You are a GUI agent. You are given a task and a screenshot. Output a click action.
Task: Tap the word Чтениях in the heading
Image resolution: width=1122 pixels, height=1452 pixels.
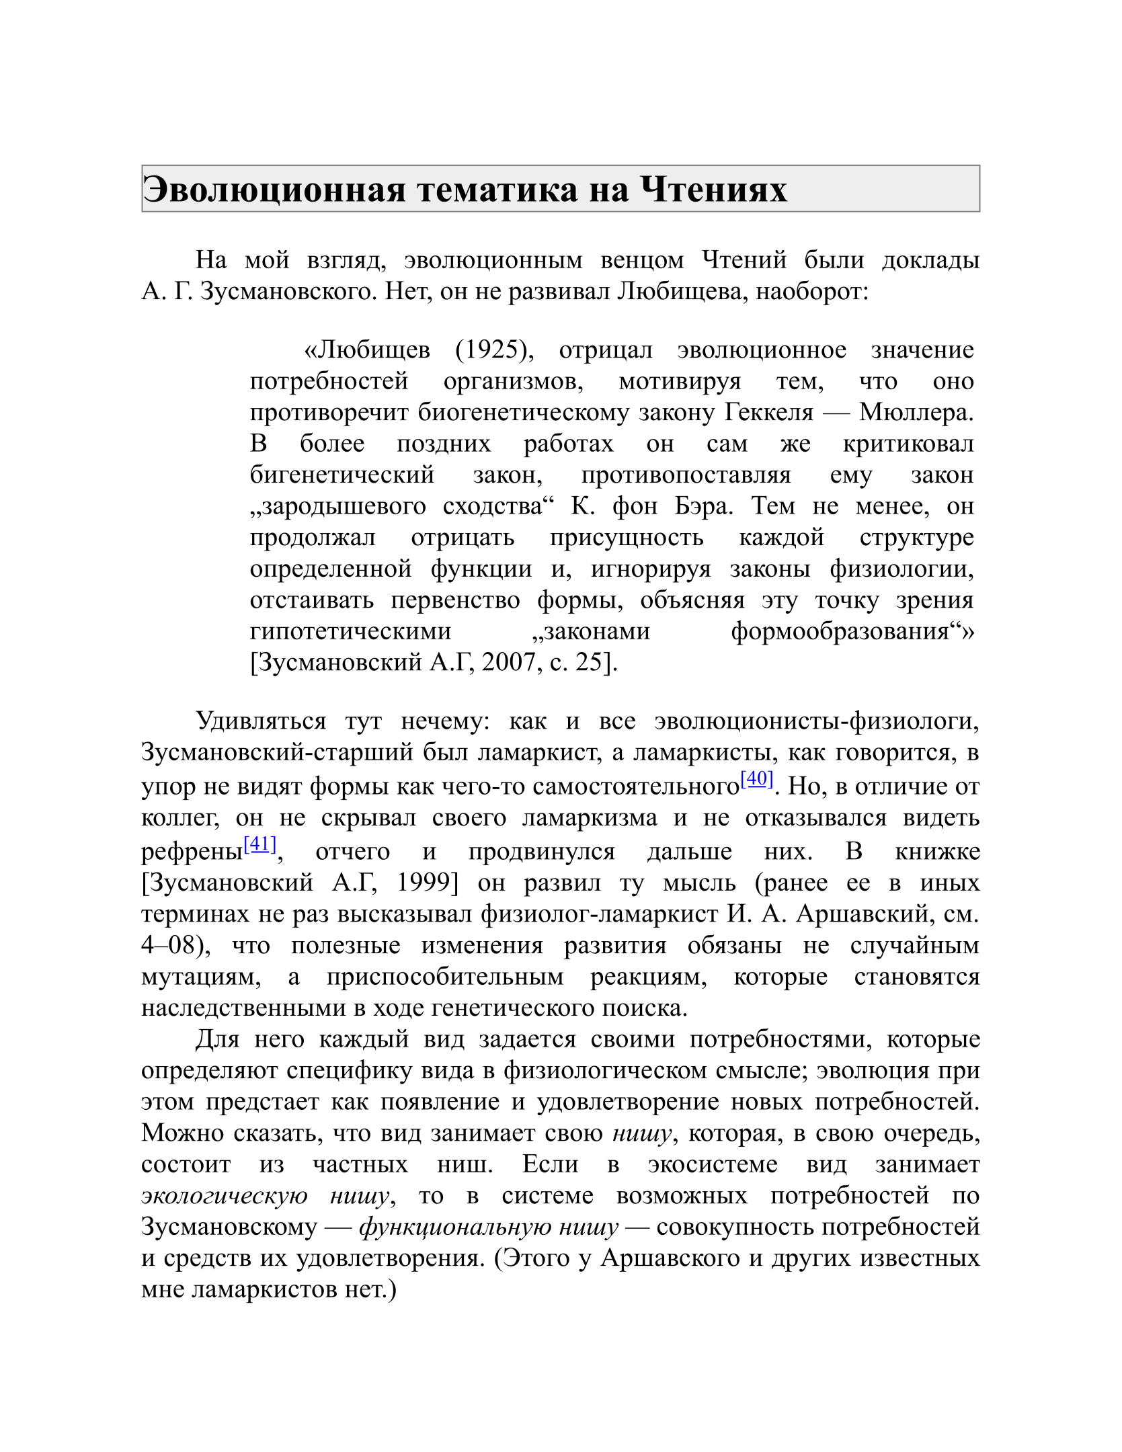[713, 190]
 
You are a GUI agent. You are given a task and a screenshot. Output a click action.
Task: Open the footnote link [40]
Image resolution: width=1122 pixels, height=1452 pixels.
[756, 778]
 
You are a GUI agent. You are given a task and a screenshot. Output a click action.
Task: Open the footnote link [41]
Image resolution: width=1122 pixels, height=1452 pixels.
[259, 844]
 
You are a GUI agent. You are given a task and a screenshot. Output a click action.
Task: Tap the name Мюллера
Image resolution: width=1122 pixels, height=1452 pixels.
[916, 412]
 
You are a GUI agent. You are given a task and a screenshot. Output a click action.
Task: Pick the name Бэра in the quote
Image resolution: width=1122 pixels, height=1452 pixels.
[703, 506]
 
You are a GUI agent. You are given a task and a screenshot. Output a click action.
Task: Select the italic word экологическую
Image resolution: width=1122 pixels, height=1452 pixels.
[225, 1196]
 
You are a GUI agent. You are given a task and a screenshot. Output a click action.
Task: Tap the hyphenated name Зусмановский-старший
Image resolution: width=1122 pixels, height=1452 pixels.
[277, 752]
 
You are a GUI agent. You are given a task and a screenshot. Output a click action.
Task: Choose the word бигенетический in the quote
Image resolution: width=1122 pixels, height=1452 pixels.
[342, 475]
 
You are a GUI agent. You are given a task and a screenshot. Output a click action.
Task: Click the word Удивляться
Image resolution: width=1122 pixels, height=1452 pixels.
[261, 721]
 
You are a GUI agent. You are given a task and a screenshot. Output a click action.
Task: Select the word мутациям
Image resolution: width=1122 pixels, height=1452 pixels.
[201, 976]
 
